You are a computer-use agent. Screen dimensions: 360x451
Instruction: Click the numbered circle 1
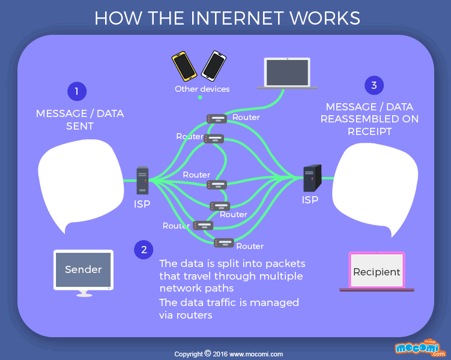pyautogui.click(x=76, y=91)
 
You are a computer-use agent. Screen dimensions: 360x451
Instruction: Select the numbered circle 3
pyautogui.click(x=374, y=85)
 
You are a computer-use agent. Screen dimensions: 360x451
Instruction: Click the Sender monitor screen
pyautogui.click(x=83, y=269)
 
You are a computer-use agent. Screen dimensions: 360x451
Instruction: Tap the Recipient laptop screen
pyautogui.click(x=377, y=272)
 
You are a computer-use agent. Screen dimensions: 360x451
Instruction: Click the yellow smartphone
pyautogui.click(x=184, y=66)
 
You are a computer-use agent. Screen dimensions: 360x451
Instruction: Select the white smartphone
pyautogui.click(x=213, y=65)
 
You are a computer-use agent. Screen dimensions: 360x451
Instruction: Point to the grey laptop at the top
pyautogui.click(x=288, y=73)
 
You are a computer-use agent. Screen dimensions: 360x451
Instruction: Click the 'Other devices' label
pyautogui.click(x=202, y=89)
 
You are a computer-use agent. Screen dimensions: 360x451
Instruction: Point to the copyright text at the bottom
pyautogui.click(x=228, y=354)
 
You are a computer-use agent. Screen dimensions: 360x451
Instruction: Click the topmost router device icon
pyautogui.click(x=216, y=118)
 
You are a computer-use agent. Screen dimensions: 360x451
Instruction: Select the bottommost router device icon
pyautogui.click(x=224, y=243)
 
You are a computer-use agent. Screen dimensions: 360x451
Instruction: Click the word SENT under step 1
pyautogui.click(x=80, y=126)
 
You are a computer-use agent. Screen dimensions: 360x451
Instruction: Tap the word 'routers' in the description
pyautogui.click(x=195, y=315)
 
